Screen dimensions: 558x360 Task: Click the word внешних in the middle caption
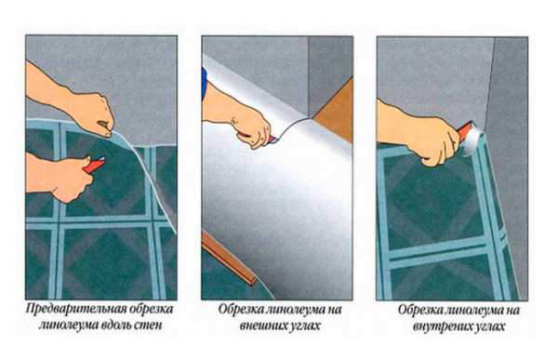click(262, 326)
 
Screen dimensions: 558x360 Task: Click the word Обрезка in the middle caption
click(241, 309)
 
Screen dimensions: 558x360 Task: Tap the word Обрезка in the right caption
click(420, 310)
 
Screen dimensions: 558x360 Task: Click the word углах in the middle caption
click(304, 326)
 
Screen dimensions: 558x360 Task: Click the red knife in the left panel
click(95, 165)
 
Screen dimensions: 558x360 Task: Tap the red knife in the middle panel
click(257, 138)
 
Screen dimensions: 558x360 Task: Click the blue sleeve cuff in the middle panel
click(204, 84)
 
